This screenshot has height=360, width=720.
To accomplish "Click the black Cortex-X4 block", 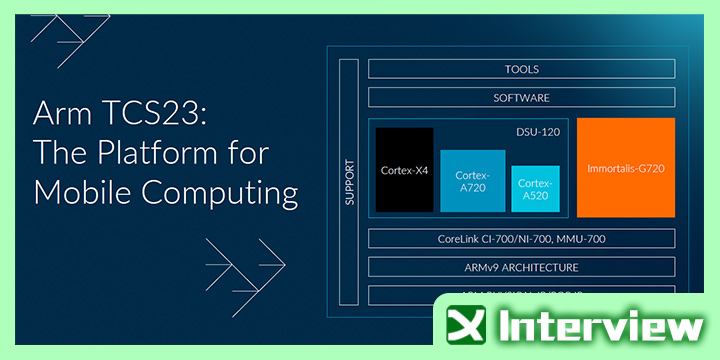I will click(x=405, y=169).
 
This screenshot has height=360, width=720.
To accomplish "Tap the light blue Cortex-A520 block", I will click(x=535, y=188).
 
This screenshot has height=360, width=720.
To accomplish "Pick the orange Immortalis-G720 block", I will click(x=626, y=165).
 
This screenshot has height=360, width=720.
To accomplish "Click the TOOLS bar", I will click(x=521, y=69).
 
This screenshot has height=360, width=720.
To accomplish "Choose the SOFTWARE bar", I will click(x=521, y=98).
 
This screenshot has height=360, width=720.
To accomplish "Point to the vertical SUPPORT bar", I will click(x=349, y=180).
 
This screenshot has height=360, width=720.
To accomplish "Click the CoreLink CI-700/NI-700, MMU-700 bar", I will click(x=521, y=239).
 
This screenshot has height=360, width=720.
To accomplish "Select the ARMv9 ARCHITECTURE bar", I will click(x=521, y=267).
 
